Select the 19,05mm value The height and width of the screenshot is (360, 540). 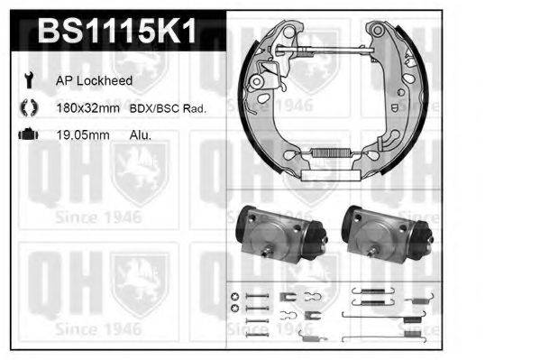click(84, 135)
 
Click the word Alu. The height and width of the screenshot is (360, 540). click(140, 135)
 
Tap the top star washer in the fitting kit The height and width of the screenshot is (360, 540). click(235, 297)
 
